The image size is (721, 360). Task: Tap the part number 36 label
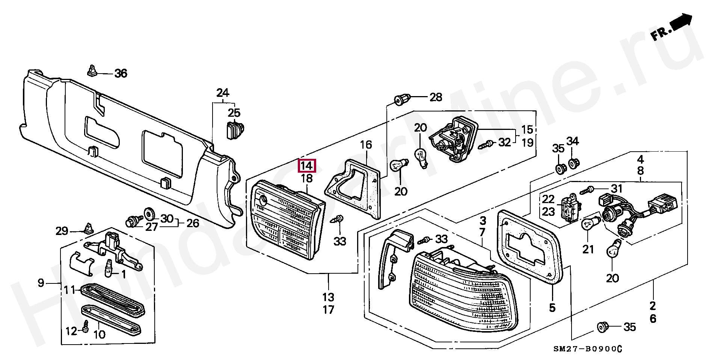pyautogui.click(x=121, y=73)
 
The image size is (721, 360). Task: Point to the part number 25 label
pyautogui.click(x=234, y=113)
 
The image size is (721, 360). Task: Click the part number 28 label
pyautogui.click(x=436, y=98)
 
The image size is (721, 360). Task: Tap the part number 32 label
pyautogui.click(x=505, y=142)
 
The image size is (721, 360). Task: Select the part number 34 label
pyautogui.click(x=573, y=142)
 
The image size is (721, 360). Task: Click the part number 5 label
pyautogui.click(x=552, y=307)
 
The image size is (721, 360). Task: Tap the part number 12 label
pyautogui.click(x=71, y=331)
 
